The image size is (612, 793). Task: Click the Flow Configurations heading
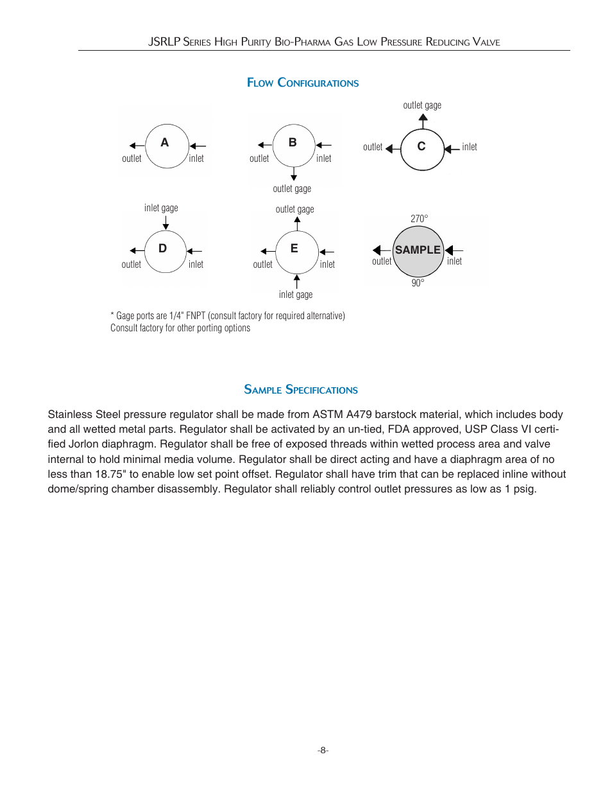click(x=303, y=83)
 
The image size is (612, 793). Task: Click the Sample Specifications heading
click(x=301, y=390)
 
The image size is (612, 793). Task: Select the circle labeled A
click(x=167, y=146)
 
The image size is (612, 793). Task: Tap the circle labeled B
click(x=294, y=145)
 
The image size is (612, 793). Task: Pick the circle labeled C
click(x=422, y=149)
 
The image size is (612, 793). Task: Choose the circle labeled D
click(x=165, y=251)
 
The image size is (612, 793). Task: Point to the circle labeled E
click(x=296, y=252)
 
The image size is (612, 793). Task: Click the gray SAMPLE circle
click(x=418, y=251)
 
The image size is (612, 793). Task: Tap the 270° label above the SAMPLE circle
click(x=419, y=219)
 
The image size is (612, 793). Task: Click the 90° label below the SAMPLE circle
click(x=418, y=283)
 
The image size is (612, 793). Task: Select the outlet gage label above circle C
click(x=422, y=105)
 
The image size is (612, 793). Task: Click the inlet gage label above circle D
click(x=161, y=208)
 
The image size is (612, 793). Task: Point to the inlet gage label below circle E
click(x=296, y=295)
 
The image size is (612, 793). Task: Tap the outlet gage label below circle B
click(x=292, y=189)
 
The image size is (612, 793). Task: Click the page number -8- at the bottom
click(x=323, y=750)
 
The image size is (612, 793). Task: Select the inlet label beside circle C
click(x=470, y=147)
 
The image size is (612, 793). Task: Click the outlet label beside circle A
click(x=132, y=159)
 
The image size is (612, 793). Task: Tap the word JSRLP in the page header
click(x=164, y=42)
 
